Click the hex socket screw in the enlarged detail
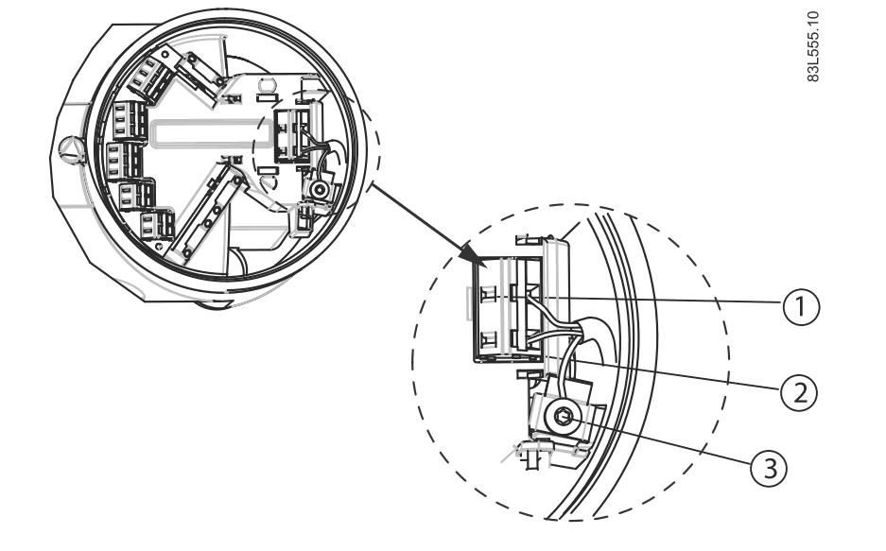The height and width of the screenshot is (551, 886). click(565, 417)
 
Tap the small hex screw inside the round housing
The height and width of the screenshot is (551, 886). click(320, 190)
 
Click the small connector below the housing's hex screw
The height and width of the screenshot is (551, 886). click(304, 218)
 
